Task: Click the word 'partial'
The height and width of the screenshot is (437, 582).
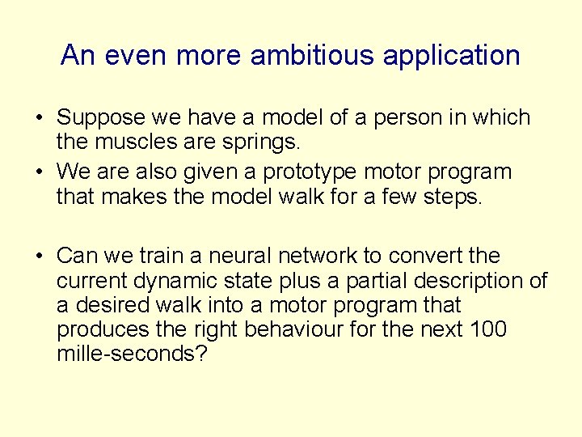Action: tap(382, 282)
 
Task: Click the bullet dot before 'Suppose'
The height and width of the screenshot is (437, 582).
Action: tap(39, 119)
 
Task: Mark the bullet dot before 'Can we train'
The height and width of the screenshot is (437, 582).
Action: tap(39, 257)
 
